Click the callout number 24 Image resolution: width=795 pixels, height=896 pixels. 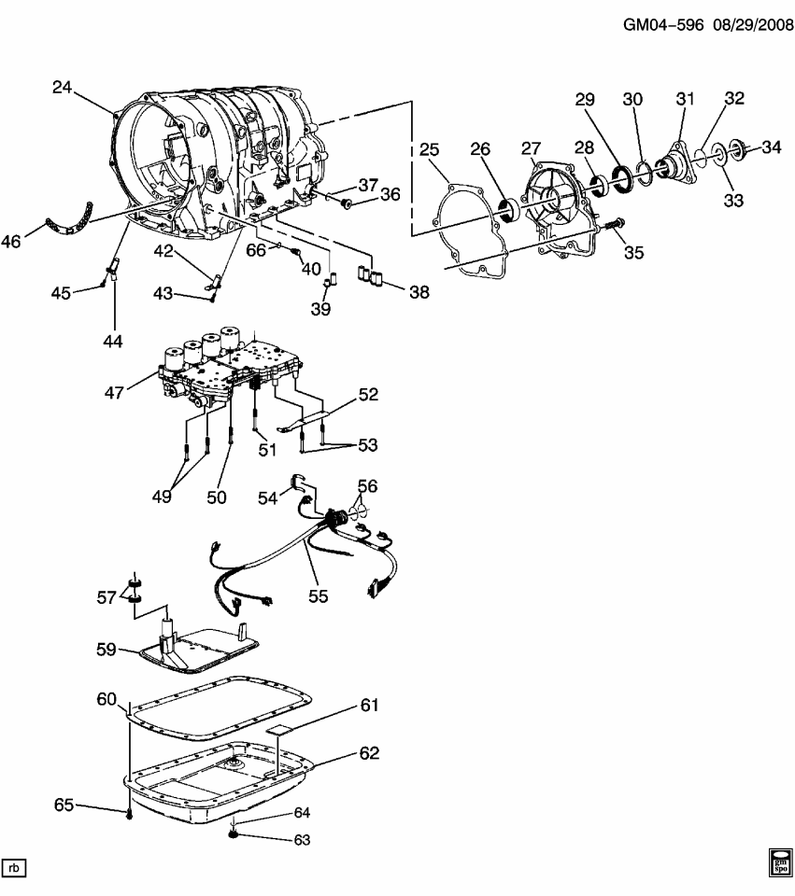click(x=62, y=89)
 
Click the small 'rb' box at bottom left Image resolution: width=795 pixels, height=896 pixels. click(x=14, y=869)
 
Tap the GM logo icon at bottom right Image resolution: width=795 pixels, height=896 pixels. click(x=780, y=862)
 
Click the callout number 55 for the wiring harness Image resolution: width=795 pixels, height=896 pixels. click(x=319, y=594)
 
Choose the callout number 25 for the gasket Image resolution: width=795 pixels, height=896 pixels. click(x=429, y=149)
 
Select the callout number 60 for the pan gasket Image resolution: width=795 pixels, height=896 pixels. click(x=107, y=699)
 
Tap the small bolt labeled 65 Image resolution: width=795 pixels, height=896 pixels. click(x=129, y=815)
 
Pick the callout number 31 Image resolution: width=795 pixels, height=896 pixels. click(x=687, y=98)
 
